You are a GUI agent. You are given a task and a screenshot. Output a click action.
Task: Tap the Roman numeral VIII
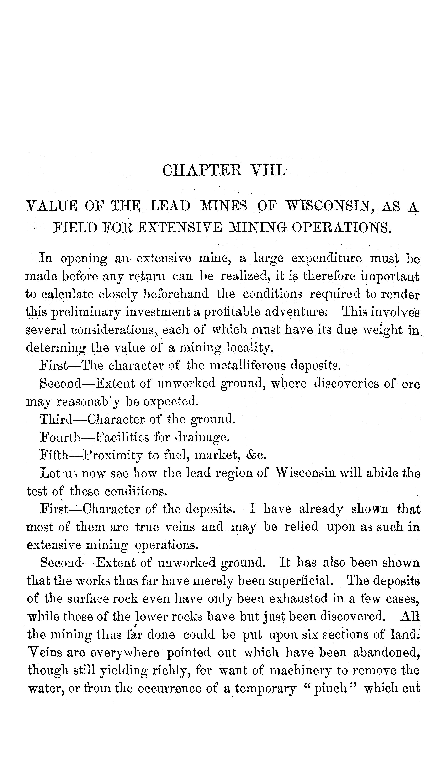coord(267,171)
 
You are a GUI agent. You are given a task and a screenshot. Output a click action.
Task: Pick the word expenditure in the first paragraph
coord(326,259)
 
